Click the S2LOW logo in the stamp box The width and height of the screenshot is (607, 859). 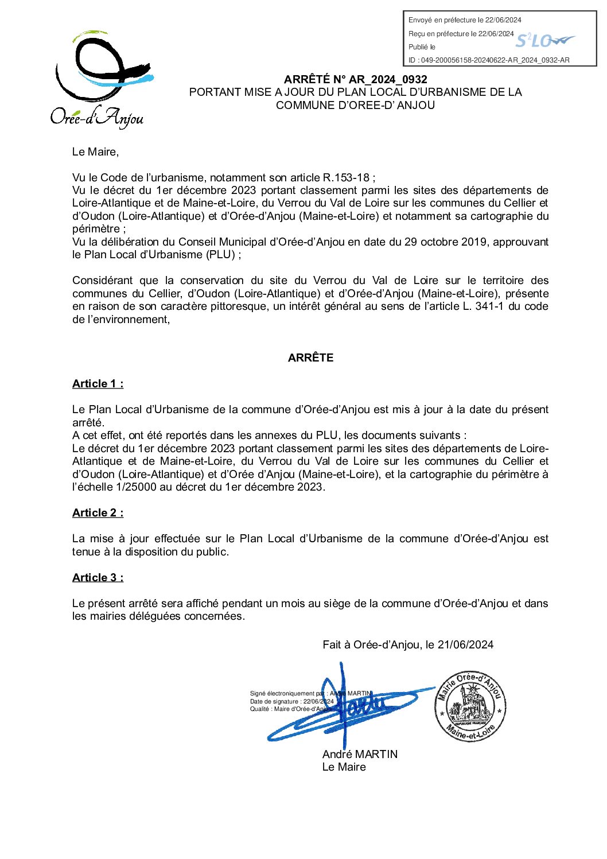pyautogui.click(x=544, y=41)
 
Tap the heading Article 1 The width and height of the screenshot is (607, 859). pyautogui.click(x=98, y=384)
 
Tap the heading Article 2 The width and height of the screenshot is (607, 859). pyautogui.click(x=98, y=513)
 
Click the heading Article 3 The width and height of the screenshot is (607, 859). pyautogui.click(x=98, y=578)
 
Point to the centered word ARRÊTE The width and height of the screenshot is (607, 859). pyautogui.click(x=310, y=357)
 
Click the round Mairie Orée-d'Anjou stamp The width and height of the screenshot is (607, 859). pyautogui.click(x=470, y=706)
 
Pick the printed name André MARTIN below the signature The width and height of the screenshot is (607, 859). pyautogui.click(x=360, y=754)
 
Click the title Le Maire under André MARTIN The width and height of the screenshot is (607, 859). pyautogui.click(x=344, y=767)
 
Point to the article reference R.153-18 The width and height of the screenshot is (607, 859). pyautogui.click(x=346, y=178)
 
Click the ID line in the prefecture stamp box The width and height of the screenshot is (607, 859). pyautogui.click(x=489, y=60)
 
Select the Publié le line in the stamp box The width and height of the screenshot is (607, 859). pyautogui.click(x=422, y=47)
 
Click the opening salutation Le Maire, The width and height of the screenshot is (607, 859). pyautogui.click(x=95, y=152)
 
